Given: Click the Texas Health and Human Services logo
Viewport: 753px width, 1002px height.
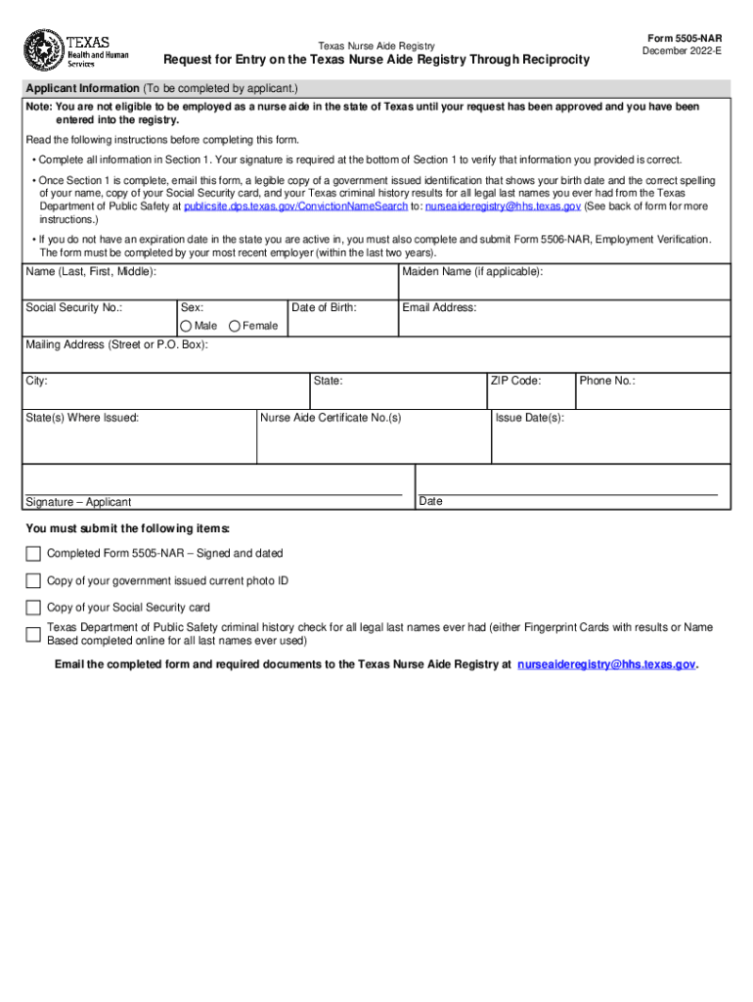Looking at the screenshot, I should tap(75, 50).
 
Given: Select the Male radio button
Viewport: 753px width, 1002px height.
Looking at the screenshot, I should tap(186, 326).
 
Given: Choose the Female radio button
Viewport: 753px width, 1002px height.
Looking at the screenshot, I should tap(235, 326).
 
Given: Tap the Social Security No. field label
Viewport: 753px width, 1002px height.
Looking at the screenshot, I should tap(74, 307).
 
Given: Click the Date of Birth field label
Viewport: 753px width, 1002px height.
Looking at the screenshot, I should tap(325, 307).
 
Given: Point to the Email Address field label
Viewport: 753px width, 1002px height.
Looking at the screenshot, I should tap(439, 307).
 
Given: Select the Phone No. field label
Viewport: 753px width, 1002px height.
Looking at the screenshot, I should tap(607, 381).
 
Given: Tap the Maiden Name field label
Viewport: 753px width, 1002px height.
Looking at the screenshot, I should tap(472, 271).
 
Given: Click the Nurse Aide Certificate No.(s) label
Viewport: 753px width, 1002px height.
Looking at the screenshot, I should tap(331, 418).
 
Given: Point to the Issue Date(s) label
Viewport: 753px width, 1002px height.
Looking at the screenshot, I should tap(529, 418).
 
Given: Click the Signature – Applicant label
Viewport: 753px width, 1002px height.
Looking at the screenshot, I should tap(78, 502).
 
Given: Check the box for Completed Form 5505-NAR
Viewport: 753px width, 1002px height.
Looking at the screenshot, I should tap(33, 554).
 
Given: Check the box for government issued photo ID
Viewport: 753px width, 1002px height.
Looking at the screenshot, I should tap(33, 581).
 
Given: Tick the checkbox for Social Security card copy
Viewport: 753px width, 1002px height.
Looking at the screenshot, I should tap(33, 608).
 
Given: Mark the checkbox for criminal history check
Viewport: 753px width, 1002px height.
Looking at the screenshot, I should tap(33, 634).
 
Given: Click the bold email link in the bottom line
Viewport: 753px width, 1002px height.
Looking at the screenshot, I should tap(606, 664).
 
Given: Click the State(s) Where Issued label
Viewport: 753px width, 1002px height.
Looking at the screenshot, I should tap(82, 418).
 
